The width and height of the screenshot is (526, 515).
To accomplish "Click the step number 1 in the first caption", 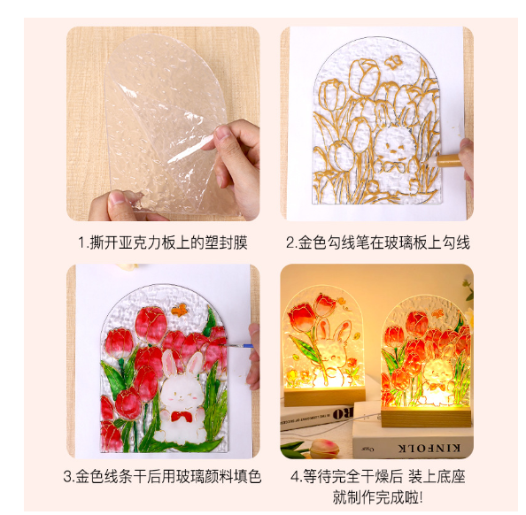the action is [x=81, y=242].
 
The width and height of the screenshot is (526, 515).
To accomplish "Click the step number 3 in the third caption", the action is [x=67, y=476].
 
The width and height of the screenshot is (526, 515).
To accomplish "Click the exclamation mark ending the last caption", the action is [x=421, y=497].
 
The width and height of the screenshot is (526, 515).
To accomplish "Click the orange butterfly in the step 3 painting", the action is [x=179, y=311].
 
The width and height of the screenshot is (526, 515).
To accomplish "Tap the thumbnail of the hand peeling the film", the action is [x=163, y=124].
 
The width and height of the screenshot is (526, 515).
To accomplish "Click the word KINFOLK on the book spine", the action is [x=429, y=449].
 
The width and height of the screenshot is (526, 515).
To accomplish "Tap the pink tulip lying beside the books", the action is [x=324, y=449].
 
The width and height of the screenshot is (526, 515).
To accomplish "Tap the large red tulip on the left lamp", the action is [x=301, y=316].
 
